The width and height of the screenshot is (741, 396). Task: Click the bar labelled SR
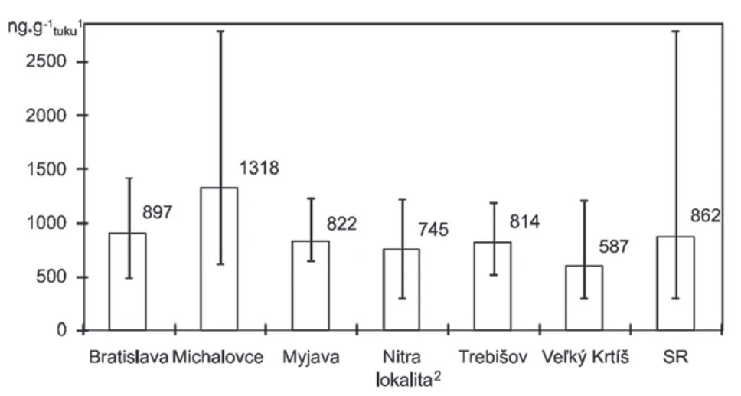coord(675,283)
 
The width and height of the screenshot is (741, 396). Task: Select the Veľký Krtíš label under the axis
coord(584,357)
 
